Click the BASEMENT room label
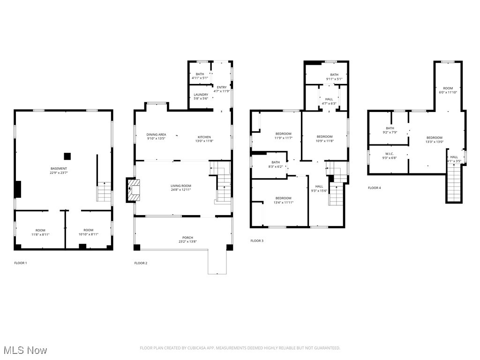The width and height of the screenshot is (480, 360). [x=59, y=168]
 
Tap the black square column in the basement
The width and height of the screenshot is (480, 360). [x=67, y=156]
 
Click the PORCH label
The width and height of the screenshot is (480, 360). [x=188, y=238]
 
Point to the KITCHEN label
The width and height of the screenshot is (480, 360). [x=204, y=137]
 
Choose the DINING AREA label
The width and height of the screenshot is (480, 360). [x=156, y=135]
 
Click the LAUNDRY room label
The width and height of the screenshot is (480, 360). [x=201, y=95]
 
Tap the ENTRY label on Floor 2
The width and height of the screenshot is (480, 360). [x=221, y=87]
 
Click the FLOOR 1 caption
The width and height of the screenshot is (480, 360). [x=21, y=263]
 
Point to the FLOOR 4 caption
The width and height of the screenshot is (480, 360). [x=375, y=187]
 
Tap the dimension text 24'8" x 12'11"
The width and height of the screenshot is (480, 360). [x=180, y=190]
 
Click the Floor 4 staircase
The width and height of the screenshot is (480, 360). [x=453, y=185]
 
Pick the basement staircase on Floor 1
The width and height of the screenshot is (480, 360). [x=104, y=192]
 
